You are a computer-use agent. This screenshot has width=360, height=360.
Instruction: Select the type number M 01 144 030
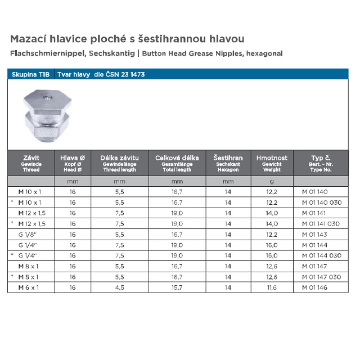tap(321, 255)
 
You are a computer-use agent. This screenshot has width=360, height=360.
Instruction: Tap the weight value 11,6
tap(272, 287)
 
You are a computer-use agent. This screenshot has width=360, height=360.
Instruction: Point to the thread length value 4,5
tap(119, 287)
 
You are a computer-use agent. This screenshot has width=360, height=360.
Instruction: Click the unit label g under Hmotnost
tap(272, 182)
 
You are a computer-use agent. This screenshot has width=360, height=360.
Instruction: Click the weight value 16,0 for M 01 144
tap(272, 245)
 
